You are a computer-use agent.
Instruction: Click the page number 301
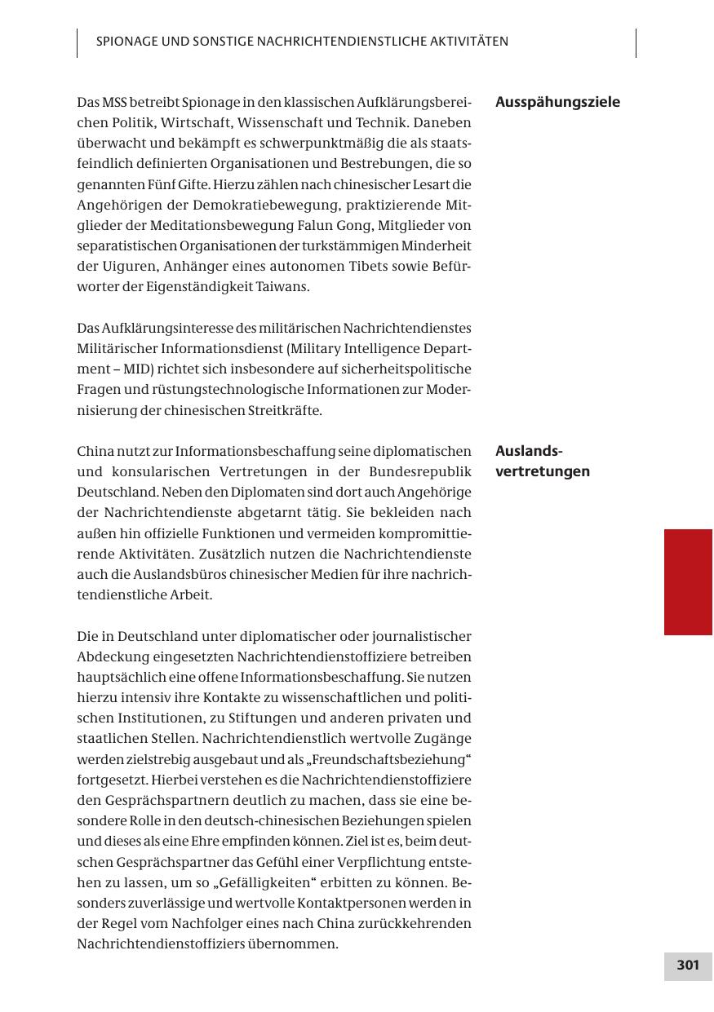pos(688,966)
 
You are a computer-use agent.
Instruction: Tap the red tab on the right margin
pos(688,581)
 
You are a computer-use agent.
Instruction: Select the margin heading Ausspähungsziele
pos(557,102)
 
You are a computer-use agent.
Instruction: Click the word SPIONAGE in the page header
pos(126,41)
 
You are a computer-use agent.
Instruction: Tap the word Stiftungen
pos(258,718)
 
